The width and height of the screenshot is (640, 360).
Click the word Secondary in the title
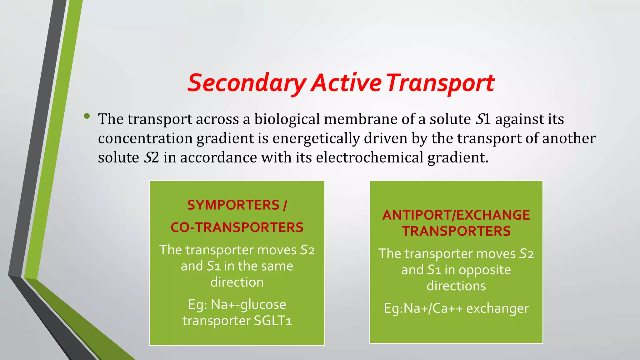(247, 83)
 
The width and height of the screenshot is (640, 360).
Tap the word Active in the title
(347, 83)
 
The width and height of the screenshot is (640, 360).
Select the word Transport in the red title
(441, 83)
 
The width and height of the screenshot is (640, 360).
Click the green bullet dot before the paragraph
(87, 117)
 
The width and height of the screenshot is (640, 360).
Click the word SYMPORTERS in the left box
(233, 205)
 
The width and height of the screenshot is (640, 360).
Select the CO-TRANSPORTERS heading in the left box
(237, 227)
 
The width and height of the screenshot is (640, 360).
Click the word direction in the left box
(237, 282)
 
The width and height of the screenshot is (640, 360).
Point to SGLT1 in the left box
(272, 321)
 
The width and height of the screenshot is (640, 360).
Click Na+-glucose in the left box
(248, 304)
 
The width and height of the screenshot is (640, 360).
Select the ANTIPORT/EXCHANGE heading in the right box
(456, 215)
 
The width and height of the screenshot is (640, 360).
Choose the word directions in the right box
(456, 286)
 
